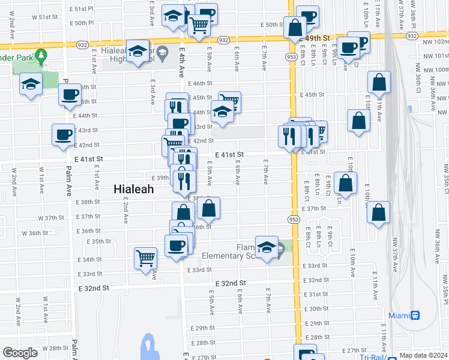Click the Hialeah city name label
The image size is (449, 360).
pos(134,188)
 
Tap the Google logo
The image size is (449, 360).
pos(20,353)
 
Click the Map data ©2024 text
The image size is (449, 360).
pos(423,355)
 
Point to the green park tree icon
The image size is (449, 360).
pos(41,57)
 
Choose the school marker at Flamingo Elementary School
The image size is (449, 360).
pos(267,247)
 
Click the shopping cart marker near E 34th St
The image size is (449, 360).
pos(146,259)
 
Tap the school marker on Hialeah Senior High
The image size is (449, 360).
pos(137,52)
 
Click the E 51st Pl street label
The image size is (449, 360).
pos(82,10)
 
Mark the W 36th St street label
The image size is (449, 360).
pos(35,233)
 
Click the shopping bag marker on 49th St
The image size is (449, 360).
pos(295,28)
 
